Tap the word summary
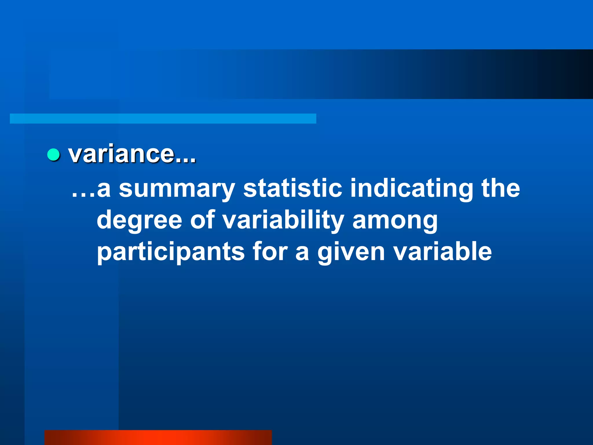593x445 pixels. point(177,189)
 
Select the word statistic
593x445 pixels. point(292,188)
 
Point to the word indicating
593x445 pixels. point(411,189)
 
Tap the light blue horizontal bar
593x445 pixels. point(163,118)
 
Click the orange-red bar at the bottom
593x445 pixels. point(158,437)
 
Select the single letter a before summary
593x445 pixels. point(104,190)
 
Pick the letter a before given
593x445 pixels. point(302,253)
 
